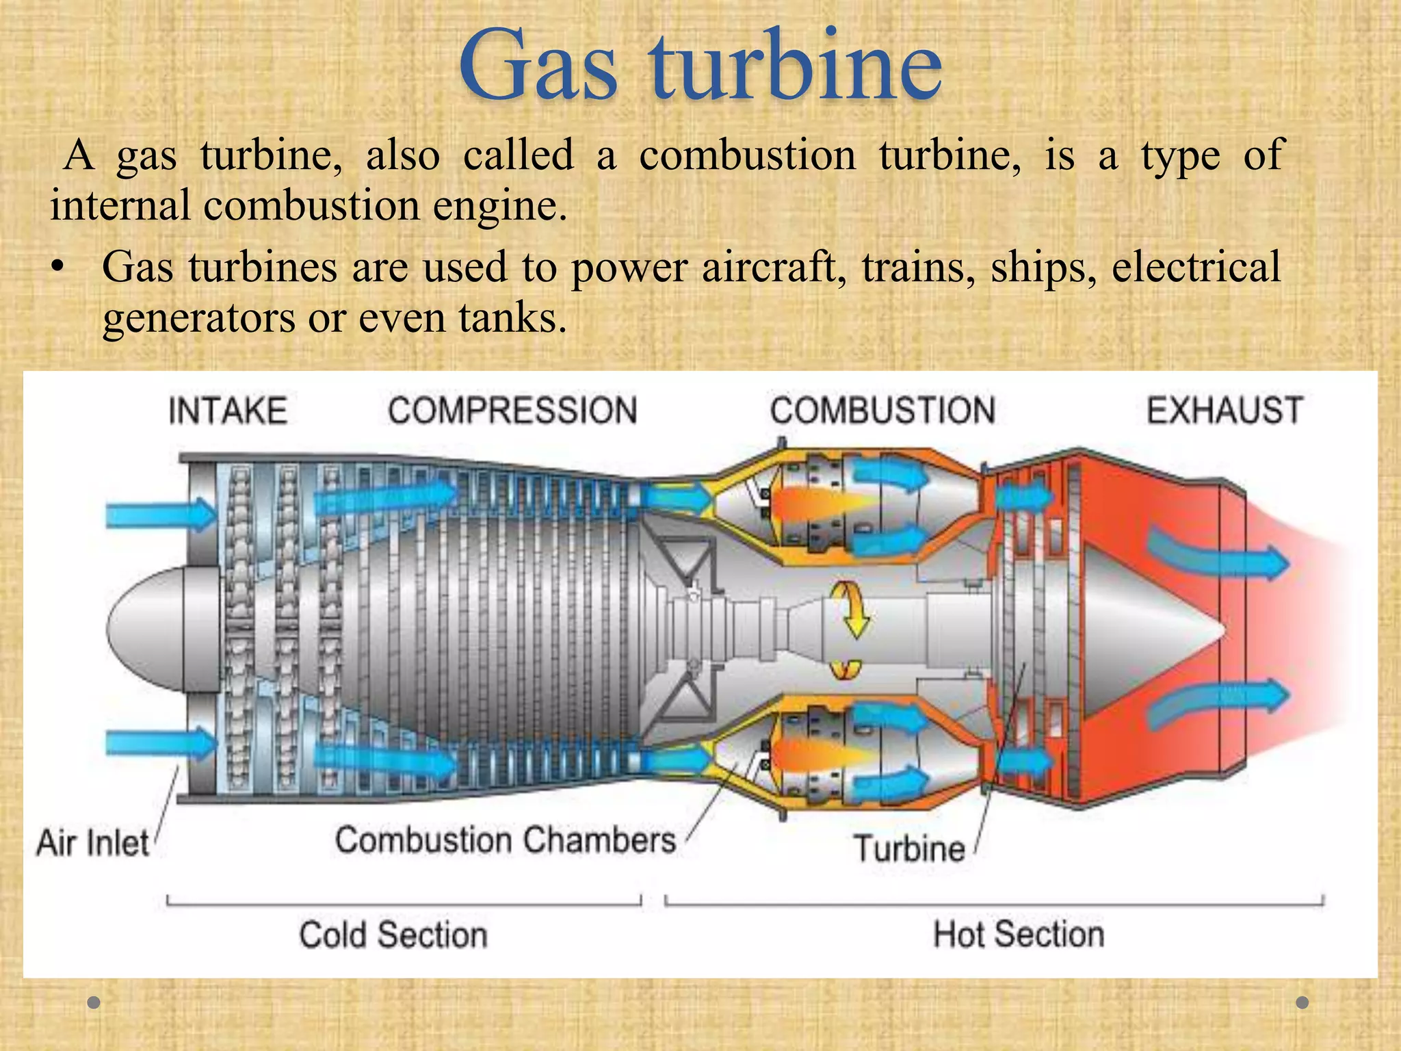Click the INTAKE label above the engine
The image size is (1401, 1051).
[228, 411]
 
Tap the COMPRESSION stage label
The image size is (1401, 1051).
[512, 411]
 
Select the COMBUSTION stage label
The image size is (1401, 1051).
[882, 411]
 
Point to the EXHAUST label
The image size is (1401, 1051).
[1225, 411]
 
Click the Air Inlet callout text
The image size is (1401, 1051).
[92, 843]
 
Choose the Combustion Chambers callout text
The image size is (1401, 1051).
[506, 840]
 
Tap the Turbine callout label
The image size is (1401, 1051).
[909, 848]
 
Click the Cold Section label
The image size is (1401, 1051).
[393, 935]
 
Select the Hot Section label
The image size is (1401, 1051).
[1019, 934]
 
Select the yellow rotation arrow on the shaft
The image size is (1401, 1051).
[850, 609]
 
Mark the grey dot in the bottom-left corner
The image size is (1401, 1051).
[94, 1002]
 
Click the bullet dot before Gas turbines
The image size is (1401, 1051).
[59, 268]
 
